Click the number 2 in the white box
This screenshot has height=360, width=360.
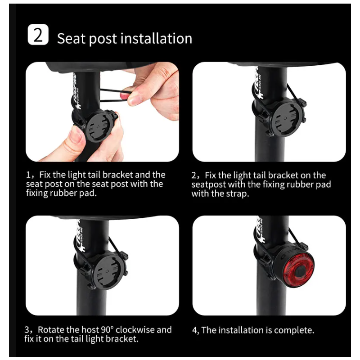pyautogui.click(x=38, y=35)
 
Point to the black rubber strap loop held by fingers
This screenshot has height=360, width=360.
pyautogui.click(x=112, y=93)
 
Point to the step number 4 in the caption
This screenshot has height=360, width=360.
pyautogui.click(x=195, y=330)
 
